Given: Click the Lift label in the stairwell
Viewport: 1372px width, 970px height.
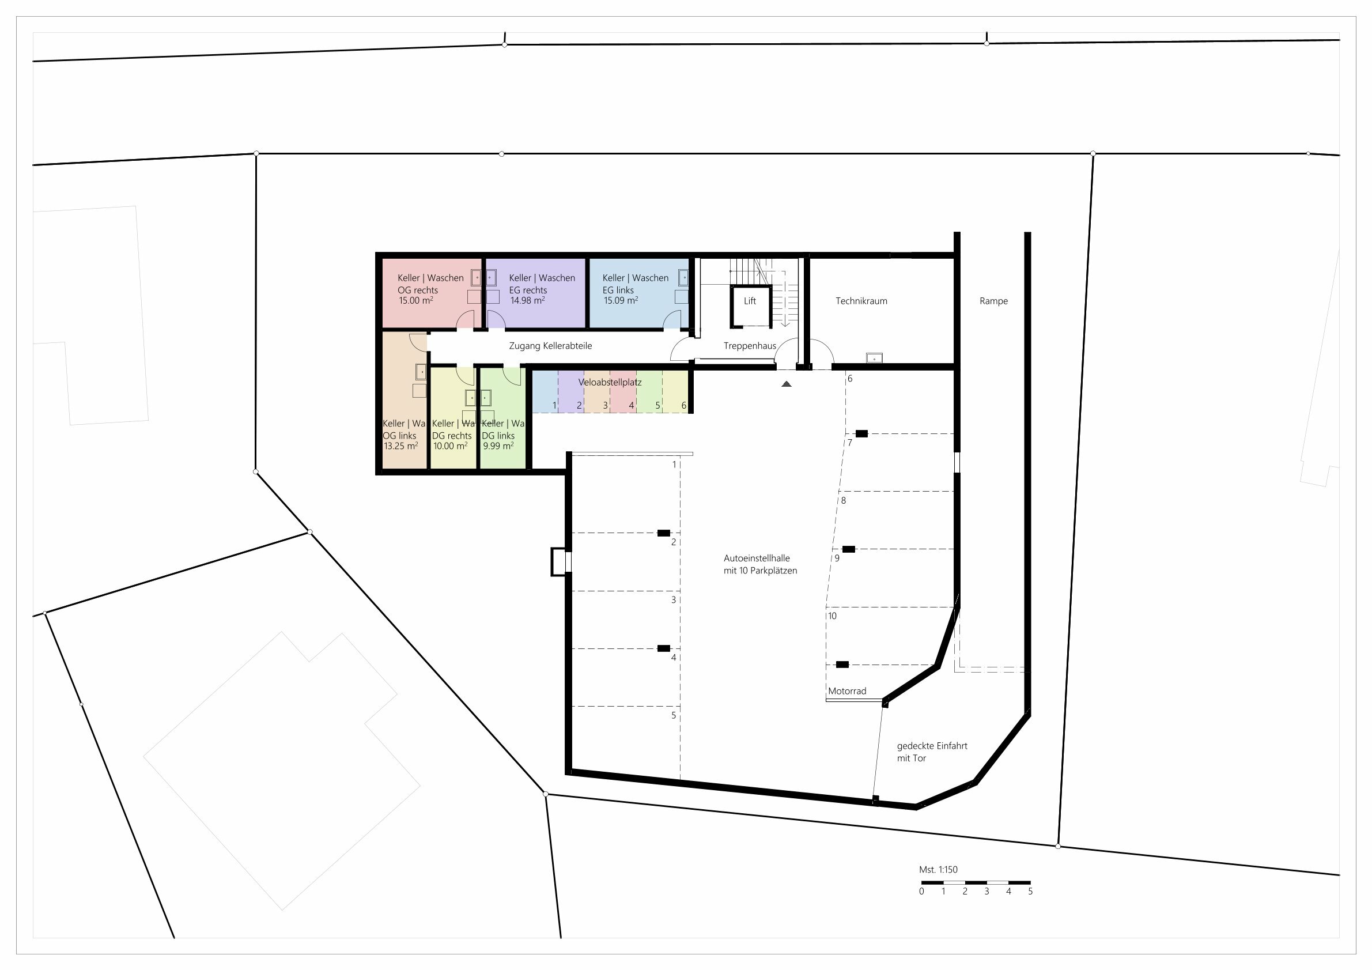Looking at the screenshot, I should (x=749, y=301).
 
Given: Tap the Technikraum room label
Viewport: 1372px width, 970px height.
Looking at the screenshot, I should (x=861, y=301).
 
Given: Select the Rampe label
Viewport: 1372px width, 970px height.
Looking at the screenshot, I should (x=993, y=301).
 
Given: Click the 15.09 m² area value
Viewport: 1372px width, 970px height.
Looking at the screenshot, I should (x=620, y=301).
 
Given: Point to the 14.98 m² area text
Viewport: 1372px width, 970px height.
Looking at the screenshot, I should (x=527, y=301).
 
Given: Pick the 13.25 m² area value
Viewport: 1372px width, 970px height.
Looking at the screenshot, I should (x=400, y=446).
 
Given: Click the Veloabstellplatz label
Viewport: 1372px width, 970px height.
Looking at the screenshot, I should (x=610, y=383).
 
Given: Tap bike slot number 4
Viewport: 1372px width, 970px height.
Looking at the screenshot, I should (x=631, y=406).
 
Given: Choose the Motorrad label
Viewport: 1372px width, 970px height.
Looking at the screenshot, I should (x=846, y=692).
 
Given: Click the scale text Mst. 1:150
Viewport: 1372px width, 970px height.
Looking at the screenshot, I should (x=938, y=870).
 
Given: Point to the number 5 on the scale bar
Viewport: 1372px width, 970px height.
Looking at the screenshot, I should (x=1030, y=891).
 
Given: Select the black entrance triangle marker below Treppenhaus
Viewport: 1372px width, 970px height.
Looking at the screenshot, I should (x=787, y=384).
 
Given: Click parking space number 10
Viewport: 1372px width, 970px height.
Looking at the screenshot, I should (x=833, y=616).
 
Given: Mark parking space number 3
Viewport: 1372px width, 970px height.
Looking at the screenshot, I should (x=674, y=600).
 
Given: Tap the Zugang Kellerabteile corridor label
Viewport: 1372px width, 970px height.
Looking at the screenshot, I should (x=550, y=346).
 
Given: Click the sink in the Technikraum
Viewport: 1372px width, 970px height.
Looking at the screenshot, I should (x=874, y=358).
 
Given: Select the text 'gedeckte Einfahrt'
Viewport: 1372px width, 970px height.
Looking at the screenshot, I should (x=932, y=746).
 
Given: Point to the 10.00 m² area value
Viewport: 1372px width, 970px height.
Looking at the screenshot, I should (x=450, y=446).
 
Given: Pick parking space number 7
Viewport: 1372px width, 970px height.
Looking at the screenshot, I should (x=850, y=443).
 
